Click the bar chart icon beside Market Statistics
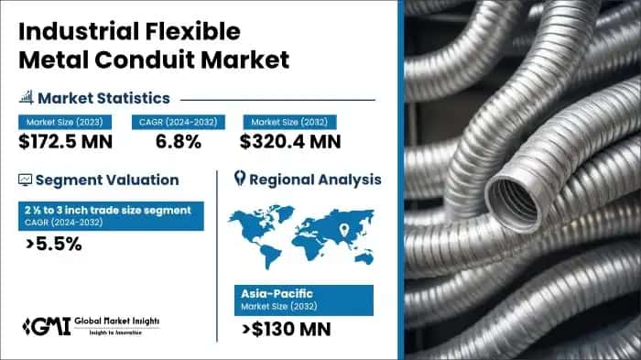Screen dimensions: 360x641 pos(24,97)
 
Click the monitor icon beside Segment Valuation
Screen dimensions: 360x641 pos(25,180)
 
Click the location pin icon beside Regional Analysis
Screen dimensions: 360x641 pos(241,179)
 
